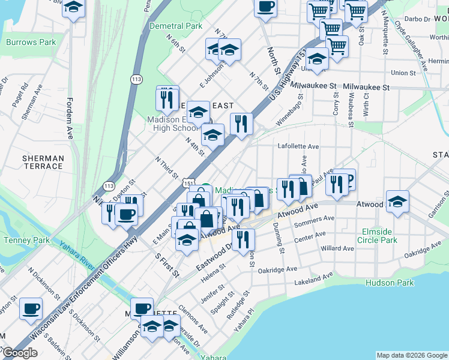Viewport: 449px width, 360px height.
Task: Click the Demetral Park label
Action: pyautogui.click(x=176, y=26)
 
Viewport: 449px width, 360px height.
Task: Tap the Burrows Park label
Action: pyautogui.click(x=31, y=43)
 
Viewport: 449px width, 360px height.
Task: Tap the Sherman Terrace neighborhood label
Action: pyautogui.click(x=43, y=162)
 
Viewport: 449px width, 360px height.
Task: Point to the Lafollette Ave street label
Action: pyautogui.click(x=298, y=146)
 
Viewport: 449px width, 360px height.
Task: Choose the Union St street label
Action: pyautogui.click(x=403, y=73)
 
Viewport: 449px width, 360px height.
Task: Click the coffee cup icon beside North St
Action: pyautogui.click(x=265, y=8)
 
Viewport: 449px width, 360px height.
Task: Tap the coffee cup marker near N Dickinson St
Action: pyautogui.click(x=31, y=309)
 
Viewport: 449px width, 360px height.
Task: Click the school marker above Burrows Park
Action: pyautogui.click(x=74, y=8)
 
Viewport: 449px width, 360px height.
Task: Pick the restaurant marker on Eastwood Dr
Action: pyautogui.click(x=243, y=240)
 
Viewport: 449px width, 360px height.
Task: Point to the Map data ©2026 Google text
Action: pyautogui.click(x=412, y=355)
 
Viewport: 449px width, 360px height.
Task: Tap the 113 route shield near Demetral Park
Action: pyautogui.click(x=137, y=79)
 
